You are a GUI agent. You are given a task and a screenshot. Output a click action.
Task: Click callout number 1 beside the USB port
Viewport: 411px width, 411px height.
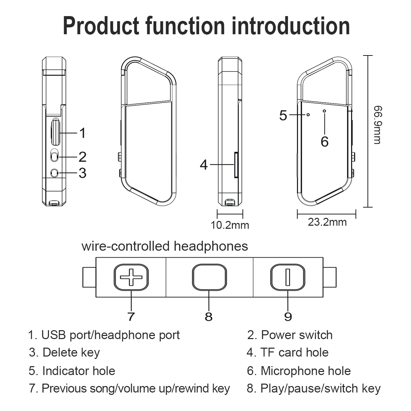82,133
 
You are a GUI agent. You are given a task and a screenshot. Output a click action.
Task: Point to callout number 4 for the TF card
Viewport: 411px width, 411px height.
203,165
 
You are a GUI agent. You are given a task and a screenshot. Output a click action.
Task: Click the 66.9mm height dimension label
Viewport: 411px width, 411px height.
377,125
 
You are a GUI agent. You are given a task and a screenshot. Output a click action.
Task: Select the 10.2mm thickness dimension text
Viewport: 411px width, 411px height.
230,225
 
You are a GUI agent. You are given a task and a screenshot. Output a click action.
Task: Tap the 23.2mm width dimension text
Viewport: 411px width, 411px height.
327,222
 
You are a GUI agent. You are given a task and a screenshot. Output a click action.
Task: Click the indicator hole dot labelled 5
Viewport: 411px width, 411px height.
308,115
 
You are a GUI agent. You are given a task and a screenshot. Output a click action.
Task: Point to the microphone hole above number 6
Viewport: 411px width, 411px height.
324,111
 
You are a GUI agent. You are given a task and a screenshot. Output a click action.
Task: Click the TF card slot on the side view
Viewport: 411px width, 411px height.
236,165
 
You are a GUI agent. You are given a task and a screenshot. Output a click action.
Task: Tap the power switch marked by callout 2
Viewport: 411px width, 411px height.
54,156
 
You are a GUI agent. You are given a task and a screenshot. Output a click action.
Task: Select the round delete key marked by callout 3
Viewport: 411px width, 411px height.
54,173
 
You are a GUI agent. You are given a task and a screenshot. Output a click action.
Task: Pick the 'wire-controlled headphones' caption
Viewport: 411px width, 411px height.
165,246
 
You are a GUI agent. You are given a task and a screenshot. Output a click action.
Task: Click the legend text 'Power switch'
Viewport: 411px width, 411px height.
297,335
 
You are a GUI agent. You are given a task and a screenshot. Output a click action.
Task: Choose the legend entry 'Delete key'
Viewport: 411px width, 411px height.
71,352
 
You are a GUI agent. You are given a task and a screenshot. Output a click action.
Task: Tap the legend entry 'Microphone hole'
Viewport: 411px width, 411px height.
306,371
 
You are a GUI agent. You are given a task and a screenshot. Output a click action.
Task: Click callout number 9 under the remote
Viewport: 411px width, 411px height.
288,316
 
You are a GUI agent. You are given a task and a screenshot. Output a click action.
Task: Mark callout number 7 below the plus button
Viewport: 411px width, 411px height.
131,316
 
